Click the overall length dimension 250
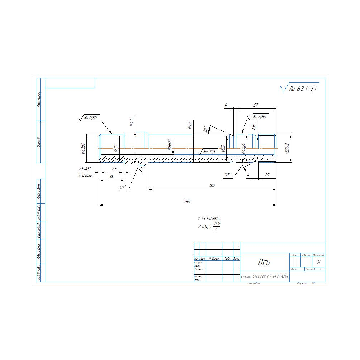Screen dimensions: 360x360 (x=187, y=202)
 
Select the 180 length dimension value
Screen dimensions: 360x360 (x=212, y=186)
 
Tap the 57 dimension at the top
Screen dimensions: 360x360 (x=256, y=105)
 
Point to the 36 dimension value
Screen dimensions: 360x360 (x=111, y=176)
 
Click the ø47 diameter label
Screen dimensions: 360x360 (x=131, y=122)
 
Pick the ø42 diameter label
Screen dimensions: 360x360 (x=189, y=125)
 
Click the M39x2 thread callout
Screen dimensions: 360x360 (x=287, y=148)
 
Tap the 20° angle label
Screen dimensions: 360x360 (x=206, y=129)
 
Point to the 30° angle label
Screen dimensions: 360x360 (x=227, y=175)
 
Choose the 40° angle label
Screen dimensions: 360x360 (x=122, y=188)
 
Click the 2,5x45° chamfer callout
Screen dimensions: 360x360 (x=85, y=168)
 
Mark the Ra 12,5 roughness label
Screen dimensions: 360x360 (x=209, y=152)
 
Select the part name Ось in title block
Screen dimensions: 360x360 (x=264, y=262)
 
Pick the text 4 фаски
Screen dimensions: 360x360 (x=85, y=175)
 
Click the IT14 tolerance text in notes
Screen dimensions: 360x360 (x=217, y=224)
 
